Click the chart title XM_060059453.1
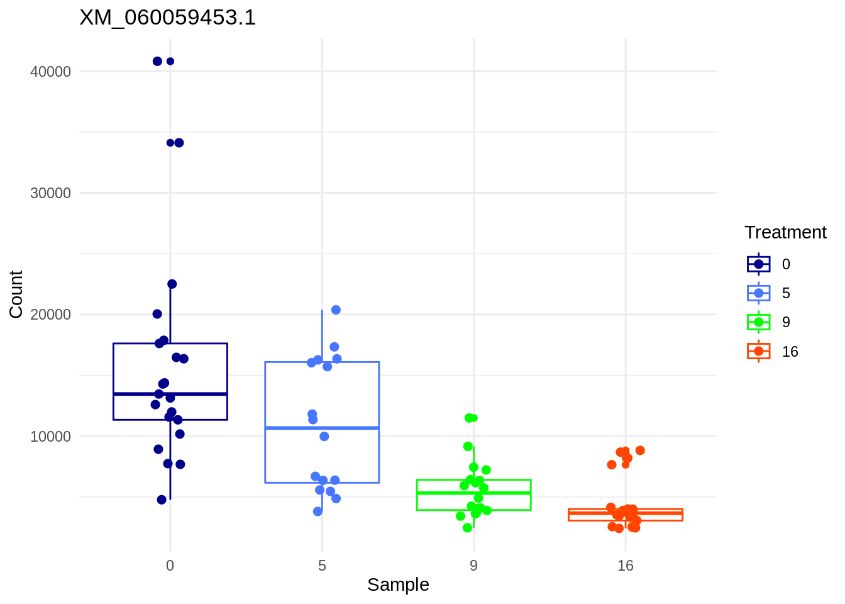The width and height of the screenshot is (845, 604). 167,18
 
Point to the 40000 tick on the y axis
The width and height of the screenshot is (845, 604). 51,72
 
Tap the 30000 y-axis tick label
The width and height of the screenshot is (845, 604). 51,193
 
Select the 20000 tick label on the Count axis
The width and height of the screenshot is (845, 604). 51,315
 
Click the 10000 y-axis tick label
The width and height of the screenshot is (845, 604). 51,437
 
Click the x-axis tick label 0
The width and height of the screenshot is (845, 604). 170,566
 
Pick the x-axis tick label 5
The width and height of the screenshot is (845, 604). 322,566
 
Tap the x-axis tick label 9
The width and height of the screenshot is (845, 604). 473,566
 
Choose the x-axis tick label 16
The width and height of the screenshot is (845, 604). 626,566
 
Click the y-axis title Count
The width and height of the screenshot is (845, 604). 16,294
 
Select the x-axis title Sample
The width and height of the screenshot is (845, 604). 398,584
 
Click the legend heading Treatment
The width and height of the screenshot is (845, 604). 785,233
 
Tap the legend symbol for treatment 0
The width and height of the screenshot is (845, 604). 759,264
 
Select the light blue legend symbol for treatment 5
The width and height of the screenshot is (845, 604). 759,293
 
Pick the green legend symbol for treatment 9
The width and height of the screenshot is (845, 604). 759,322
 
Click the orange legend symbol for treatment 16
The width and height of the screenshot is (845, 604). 759,351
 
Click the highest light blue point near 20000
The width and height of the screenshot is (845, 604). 336,310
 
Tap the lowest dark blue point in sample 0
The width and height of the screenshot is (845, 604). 162,500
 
